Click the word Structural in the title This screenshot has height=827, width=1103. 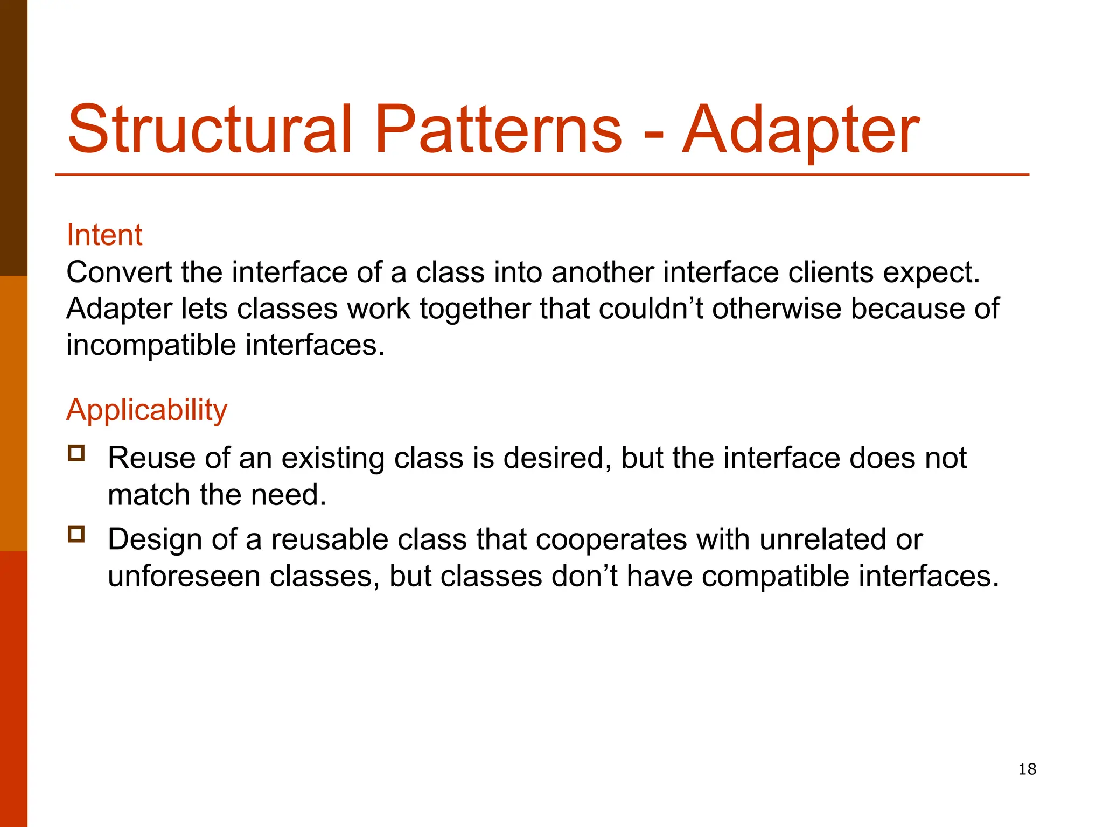(x=210, y=129)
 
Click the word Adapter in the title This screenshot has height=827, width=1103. (x=801, y=130)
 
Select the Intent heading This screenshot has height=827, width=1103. (x=104, y=235)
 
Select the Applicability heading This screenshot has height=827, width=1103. (x=146, y=410)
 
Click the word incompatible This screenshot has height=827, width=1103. (x=151, y=346)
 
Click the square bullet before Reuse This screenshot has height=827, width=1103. (x=76, y=453)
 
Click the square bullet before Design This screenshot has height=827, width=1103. (x=76, y=534)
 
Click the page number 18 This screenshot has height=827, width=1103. (x=1027, y=769)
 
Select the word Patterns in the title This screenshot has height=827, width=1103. (x=498, y=129)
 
